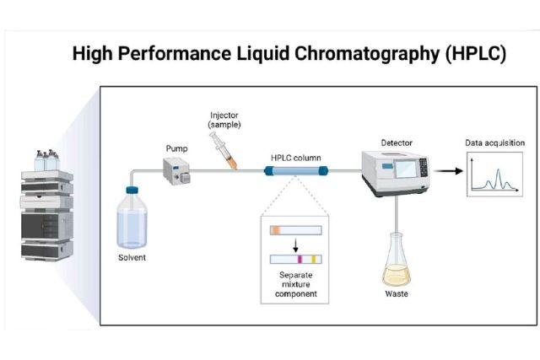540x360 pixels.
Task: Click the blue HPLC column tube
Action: tap(296, 172)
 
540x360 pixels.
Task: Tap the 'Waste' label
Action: tap(397, 294)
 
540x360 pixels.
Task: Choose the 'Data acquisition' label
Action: tap(495, 142)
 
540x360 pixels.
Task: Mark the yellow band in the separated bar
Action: tap(314, 260)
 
